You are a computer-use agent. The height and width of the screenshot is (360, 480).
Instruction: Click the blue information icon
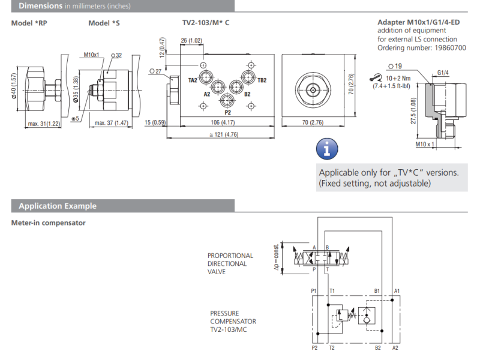pos(327,149)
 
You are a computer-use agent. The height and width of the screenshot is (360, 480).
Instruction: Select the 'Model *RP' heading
pos(29,23)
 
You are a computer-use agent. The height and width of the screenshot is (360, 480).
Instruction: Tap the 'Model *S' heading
pos(104,23)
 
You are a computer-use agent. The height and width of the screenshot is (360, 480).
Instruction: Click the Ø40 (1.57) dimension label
pos(13,86)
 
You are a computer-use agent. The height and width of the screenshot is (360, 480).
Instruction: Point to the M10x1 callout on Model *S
pos(92,55)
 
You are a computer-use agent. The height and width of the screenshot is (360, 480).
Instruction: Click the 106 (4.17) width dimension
pos(223,122)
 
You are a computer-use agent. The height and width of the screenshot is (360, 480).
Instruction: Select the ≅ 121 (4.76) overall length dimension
pos(224,134)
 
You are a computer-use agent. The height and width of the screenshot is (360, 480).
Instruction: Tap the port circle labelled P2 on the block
pos(227,100)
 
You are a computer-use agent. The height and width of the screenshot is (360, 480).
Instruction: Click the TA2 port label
pos(193,80)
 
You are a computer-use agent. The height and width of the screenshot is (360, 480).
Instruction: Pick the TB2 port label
pos(262,80)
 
